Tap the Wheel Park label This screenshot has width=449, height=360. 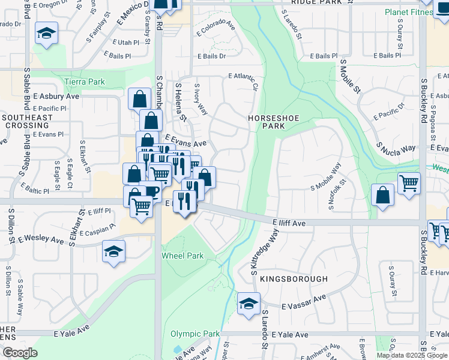(x=182, y=256)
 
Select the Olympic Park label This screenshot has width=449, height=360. (x=195, y=334)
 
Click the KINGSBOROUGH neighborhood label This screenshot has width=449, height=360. (x=294, y=279)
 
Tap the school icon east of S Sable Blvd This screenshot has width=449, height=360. (x=46, y=34)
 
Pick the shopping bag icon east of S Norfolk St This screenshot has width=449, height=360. (x=382, y=195)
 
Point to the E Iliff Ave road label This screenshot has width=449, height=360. (x=289, y=223)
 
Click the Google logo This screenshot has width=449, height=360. (x=19, y=353)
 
